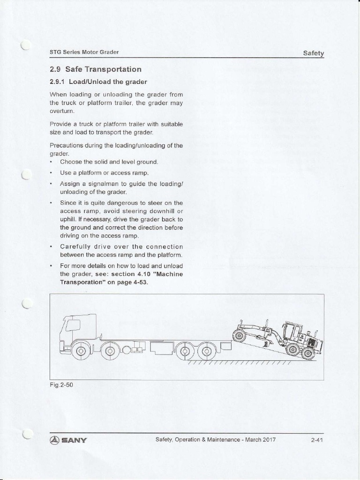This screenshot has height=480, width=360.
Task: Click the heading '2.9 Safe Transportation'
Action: (x=95, y=69)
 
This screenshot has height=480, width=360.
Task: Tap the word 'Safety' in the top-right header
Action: (x=313, y=53)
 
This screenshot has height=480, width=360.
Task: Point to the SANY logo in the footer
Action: (x=68, y=440)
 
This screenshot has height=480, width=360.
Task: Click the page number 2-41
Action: (x=317, y=440)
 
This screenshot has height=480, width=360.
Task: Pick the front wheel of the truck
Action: (x=81, y=350)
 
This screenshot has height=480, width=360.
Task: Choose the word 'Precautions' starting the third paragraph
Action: (x=65, y=145)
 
